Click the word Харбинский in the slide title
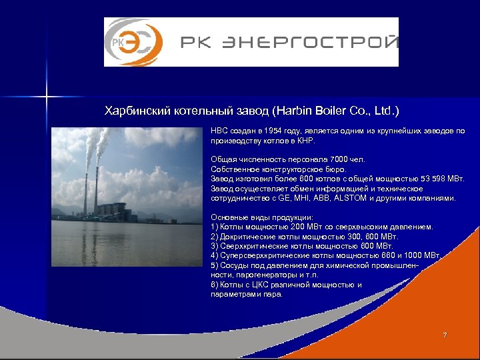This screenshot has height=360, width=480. tap(137, 109)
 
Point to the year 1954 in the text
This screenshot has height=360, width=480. tap(275, 131)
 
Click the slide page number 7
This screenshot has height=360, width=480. tap(445, 335)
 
